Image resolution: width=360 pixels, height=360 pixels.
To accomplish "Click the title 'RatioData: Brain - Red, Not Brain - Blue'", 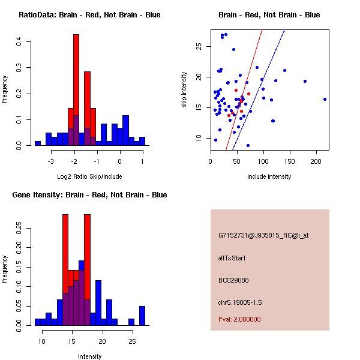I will coord(89,15).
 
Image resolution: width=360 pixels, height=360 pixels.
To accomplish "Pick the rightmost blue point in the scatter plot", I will coord(325,99).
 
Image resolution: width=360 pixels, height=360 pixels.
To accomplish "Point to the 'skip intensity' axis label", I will coord(184,90).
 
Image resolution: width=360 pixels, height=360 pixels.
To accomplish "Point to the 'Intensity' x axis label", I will coord(89,356).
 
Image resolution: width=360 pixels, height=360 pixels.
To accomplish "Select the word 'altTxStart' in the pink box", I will coord(232,258).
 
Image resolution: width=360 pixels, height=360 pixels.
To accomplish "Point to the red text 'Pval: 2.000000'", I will coord(239,319).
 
